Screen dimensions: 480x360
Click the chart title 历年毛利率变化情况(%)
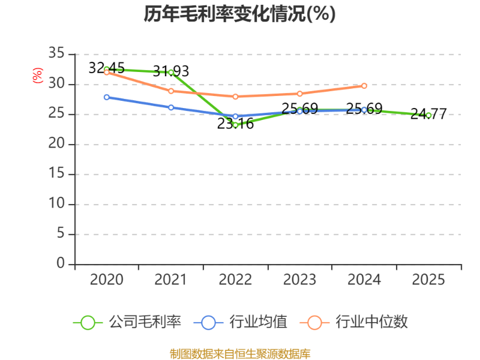point(239,14)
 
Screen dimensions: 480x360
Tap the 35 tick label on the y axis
point(56,53)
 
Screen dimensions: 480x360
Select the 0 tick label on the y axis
point(61,263)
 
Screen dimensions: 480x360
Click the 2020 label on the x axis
point(107,280)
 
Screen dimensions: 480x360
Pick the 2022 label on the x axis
point(235,280)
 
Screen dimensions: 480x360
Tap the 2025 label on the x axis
point(428,280)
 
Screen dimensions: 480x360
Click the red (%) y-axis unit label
point(38,76)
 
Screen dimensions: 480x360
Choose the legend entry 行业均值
point(241,322)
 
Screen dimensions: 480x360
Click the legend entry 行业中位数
point(353,322)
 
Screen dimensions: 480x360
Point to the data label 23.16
point(235,124)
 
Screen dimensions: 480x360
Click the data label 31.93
point(171,71)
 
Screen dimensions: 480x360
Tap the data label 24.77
point(428,114)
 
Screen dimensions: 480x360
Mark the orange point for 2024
point(364,86)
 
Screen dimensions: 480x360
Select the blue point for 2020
point(107,97)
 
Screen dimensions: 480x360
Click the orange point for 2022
point(235,97)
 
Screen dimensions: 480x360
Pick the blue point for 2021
point(171,107)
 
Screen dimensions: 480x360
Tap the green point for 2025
point(428,115)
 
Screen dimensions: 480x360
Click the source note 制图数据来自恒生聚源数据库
point(240,354)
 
